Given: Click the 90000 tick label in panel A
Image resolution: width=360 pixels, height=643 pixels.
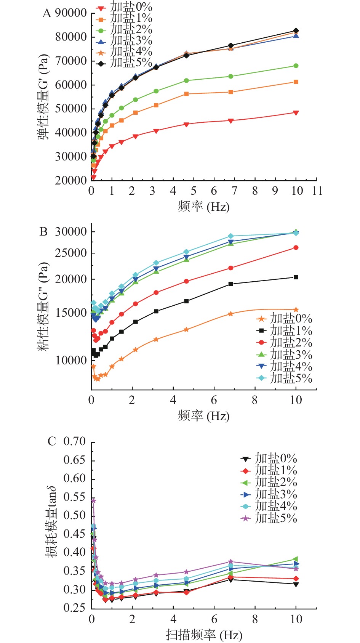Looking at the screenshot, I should pos(71,13).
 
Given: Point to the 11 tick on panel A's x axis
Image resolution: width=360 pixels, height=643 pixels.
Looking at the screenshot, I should pos(317,190).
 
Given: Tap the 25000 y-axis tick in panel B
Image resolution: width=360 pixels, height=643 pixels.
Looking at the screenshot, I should pos(71,253).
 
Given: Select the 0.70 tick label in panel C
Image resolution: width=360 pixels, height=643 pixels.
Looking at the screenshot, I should pos(75,441).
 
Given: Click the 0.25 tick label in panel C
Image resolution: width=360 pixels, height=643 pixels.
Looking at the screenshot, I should pos(75,608).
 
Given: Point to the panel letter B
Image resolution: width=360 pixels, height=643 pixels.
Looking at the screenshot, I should pos(43,231).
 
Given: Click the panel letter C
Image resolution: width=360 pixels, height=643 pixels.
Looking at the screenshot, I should pos(51,441).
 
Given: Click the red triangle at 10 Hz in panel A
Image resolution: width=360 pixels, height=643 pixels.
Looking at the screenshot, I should pos(296,113).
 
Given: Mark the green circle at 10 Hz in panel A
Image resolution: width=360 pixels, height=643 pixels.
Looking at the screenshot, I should pos(296,66).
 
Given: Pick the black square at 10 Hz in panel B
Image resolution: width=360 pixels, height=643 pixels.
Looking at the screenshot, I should pos(296,277).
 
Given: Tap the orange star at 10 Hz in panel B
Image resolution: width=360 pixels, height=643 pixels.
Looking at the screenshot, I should pos(296,310).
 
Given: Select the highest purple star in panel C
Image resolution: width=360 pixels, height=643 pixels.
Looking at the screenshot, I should pos(93,500).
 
